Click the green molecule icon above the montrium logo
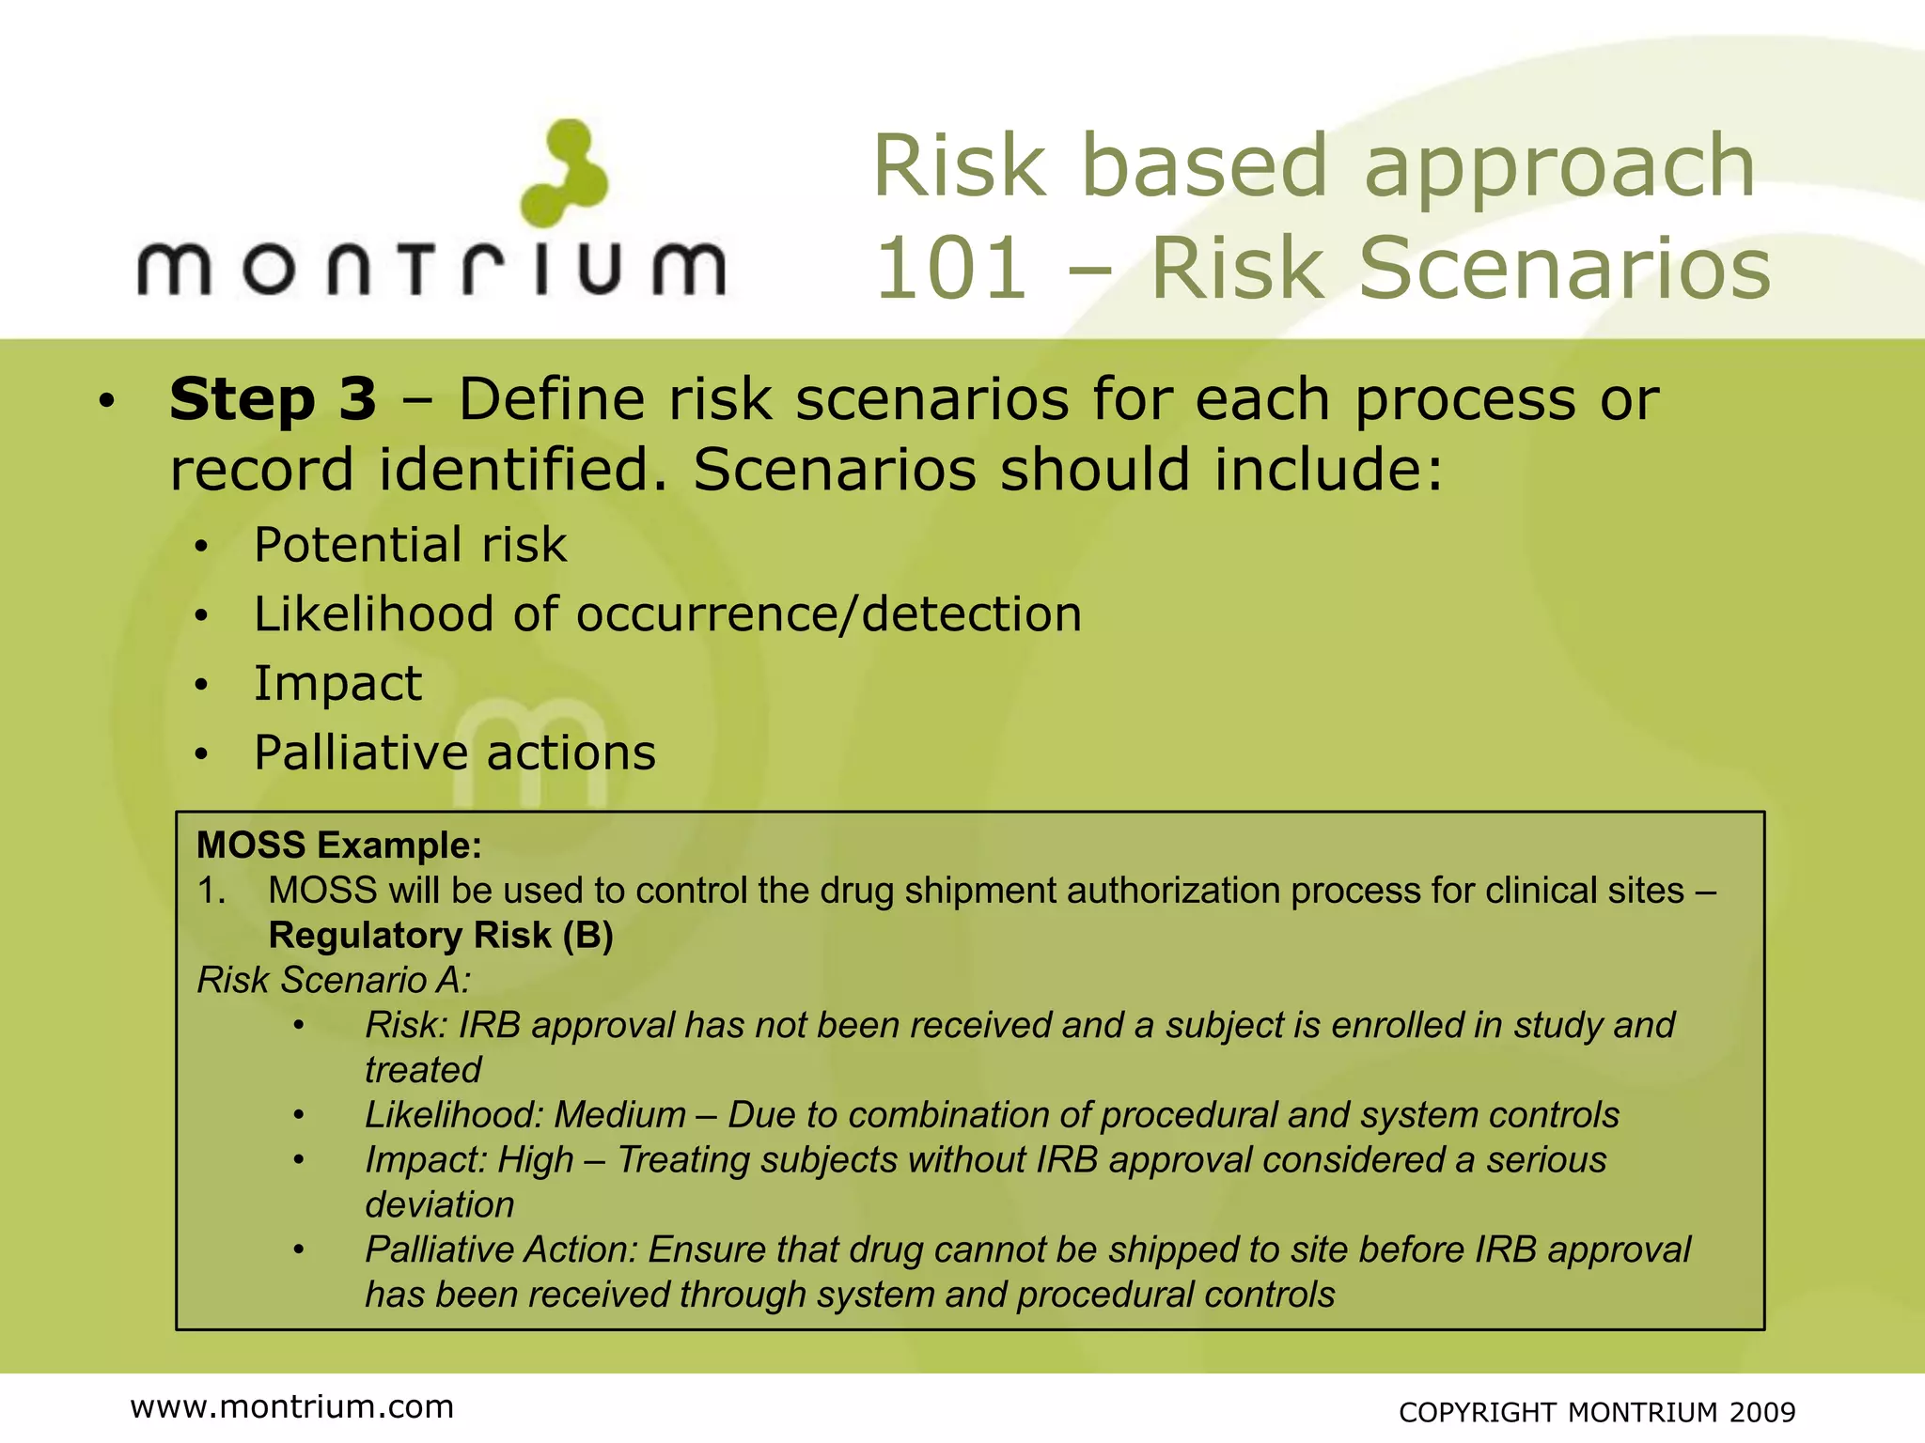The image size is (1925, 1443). (x=565, y=173)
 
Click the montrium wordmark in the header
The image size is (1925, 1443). (x=431, y=269)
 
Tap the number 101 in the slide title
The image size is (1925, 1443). (x=950, y=269)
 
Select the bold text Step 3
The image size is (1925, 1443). (x=273, y=399)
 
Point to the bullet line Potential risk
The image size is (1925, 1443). (x=410, y=545)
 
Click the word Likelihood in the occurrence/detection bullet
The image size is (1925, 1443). (x=373, y=614)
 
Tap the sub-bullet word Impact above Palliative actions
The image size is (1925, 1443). (x=337, y=684)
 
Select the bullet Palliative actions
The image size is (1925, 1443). (x=455, y=753)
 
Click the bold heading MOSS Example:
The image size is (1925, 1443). (x=338, y=846)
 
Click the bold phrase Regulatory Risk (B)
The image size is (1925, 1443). (x=440, y=936)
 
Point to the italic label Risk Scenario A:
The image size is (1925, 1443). (x=334, y=981)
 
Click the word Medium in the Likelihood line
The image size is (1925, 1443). (x=619, y=1115)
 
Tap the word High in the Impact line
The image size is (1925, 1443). (x=535, y=1160)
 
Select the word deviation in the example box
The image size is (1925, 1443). (x=439, y=1205)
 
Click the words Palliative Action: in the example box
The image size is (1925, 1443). (x=501, y=1250)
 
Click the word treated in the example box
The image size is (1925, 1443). (x=423, y=1070)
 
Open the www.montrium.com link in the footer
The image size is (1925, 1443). (x=291, y=1406)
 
